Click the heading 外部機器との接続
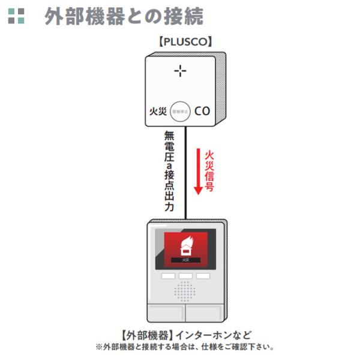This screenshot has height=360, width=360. pos(124,17)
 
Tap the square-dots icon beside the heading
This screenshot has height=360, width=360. pos(17,16)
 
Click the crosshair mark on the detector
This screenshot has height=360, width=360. pos(181,71)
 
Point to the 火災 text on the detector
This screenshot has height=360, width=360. pos(158,112)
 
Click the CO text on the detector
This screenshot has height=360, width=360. pos(202,111)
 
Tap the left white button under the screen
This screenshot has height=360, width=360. pos(167,277)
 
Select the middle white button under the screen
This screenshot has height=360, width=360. pos(185,277)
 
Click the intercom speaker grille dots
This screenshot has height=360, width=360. pos(185,292)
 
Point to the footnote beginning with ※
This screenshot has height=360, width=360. pos(185,347)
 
